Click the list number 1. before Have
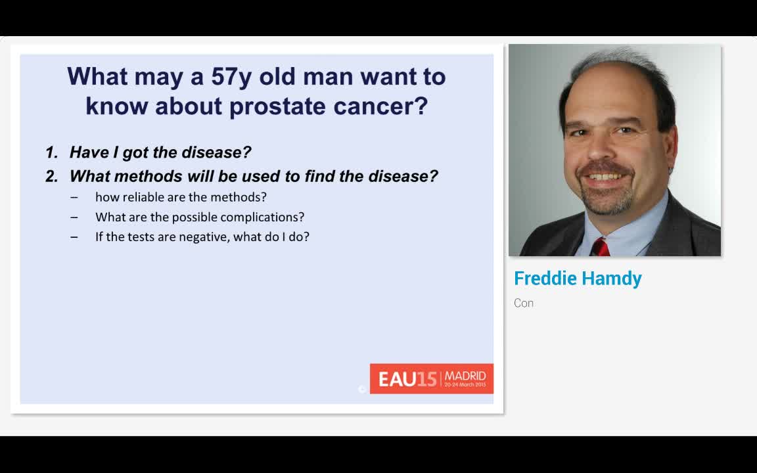(x=52, y=152)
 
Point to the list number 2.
(x=52, y=176)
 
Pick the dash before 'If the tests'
(x=74, y=237)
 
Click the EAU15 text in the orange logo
(x=407, y=379)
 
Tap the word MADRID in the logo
(x=465, y=376)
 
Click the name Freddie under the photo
(x=545, y=278)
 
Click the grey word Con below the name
(x=524, y=303)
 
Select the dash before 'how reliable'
(x=74, y=198)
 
